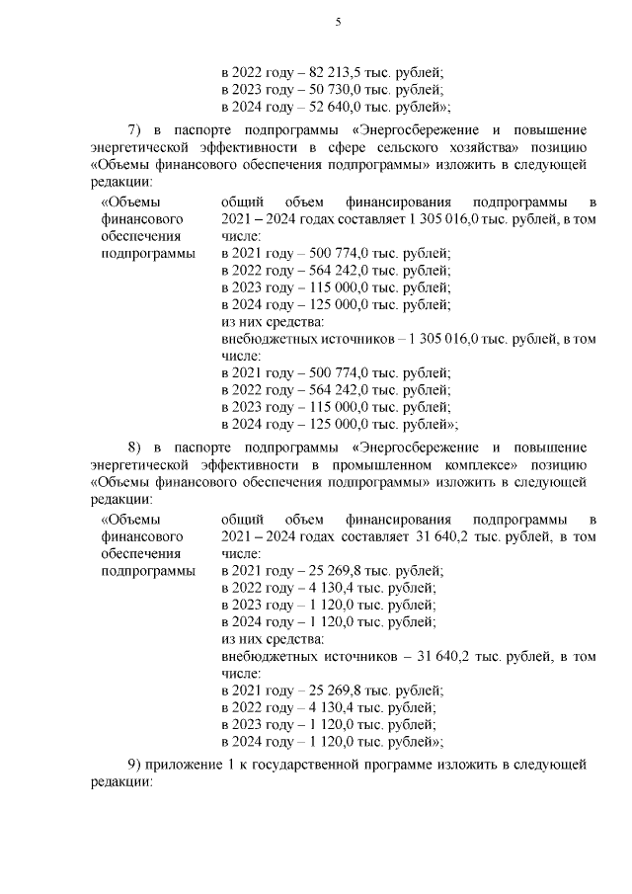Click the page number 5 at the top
[338, 22]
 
